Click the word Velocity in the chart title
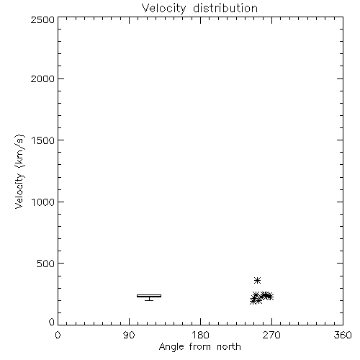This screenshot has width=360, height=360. click(x=164, y=9)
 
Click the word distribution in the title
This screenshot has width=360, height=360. click(x=225, y=8)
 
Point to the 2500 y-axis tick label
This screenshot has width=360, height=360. click(x=42, y=19)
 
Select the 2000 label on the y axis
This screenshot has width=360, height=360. click(x=42, y=78)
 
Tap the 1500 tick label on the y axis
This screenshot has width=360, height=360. click(x=43, y=140)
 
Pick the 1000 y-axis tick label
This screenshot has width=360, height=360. click(x=43, y=202)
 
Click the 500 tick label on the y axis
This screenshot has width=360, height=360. click(x=46, y=264)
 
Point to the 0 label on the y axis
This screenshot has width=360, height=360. click(x=52, y=322)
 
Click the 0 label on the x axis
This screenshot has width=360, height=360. click(x=58, y=335)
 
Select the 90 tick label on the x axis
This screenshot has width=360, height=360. click(x=129, y=335)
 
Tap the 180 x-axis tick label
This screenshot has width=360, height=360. click(x=200, y=335)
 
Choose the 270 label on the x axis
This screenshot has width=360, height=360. click(x=271, y=335)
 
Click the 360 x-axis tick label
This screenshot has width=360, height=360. click(x=343, y=335)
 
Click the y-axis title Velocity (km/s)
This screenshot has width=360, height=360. click(x=19, y=171)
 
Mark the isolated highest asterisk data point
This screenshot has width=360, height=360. click(x=257, y=280)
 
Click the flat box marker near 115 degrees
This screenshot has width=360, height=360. click(x=149, y=296)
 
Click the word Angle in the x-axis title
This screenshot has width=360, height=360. click(x=171, y=347)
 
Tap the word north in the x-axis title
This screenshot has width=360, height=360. click(x=229, y=347)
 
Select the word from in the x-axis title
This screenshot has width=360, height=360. click(x=201, y=347)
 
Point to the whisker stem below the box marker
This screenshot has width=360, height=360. click(x=149, y=299)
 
